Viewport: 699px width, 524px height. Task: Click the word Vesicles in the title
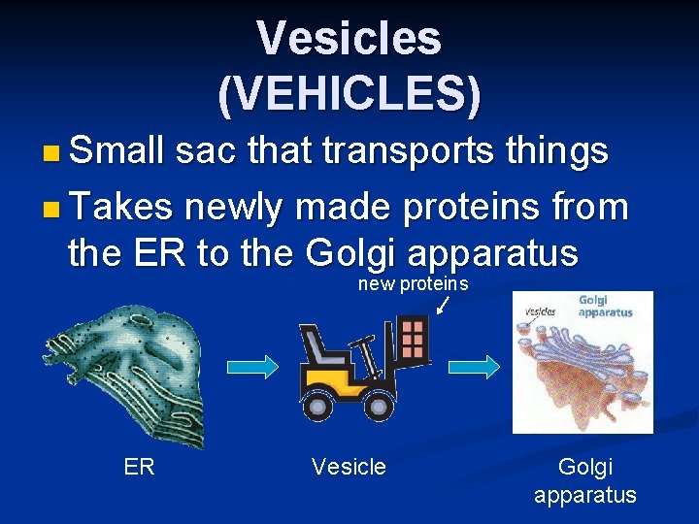point(349,39)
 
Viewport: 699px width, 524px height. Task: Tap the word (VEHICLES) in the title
point(349,92)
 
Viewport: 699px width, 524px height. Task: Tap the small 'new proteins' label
point(413,284)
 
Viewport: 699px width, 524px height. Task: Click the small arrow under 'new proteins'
point(442,306)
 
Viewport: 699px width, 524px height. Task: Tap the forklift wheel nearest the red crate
point(377,404)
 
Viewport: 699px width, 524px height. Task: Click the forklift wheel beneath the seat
point(318,404)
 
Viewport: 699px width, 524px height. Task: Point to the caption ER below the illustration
point(139,468)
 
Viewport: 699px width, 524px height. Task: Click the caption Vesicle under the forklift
point(349,468)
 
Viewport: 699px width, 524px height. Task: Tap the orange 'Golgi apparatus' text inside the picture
point(605,307)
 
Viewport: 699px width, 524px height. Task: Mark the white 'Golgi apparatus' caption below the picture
point(585,481)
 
